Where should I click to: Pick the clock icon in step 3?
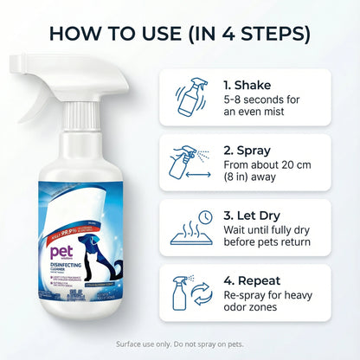(x=205, y=216)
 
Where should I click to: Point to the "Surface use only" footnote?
(x=179, y=344)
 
